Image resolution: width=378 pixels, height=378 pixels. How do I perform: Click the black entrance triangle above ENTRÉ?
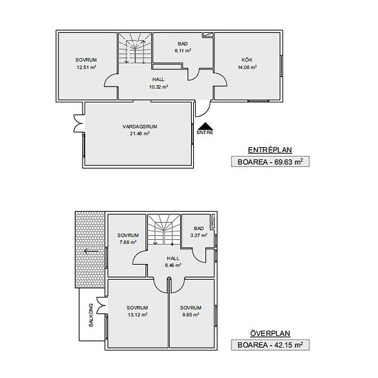pos(205,126)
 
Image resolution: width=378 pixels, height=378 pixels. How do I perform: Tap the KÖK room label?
pos(247,60)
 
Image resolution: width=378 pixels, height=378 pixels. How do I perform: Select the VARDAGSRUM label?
pos(140,126)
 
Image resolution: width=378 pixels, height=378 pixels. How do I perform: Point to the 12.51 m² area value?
pos(87,67)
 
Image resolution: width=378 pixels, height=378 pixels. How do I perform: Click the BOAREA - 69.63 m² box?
pos(270,162)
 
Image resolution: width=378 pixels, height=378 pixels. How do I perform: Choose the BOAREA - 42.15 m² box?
pos(270,345)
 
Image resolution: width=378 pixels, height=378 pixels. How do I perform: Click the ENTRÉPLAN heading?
pos(270,150)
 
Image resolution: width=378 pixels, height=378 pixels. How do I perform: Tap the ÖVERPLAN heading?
pos(270,333)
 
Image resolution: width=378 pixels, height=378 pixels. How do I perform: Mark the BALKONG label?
pos(91,315)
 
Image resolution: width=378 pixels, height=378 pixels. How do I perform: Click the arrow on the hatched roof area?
pos(91,252)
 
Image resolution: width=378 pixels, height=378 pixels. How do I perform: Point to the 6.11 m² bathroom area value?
pos(183,51)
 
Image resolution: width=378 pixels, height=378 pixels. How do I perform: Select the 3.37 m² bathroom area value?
pos(199,235)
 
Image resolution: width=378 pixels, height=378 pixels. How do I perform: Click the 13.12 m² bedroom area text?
pos(137,315)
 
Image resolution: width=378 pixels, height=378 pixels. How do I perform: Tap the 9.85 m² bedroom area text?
pos(190,315)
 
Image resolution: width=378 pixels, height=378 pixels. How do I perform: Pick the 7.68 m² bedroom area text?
pos(128,242)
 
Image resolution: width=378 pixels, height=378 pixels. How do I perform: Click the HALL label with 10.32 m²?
pos(158,79)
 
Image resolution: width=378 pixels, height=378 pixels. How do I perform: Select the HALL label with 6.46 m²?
pos(173,258)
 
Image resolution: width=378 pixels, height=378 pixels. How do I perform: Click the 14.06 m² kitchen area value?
pos(247,67)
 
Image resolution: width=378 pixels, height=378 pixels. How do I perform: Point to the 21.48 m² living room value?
pos(140,133)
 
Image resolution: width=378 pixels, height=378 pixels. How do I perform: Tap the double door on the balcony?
pos(101,305)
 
